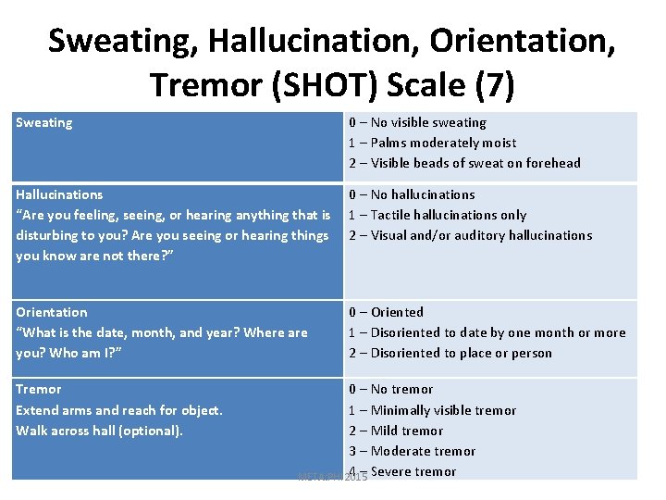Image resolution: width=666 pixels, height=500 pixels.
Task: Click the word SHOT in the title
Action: click(320, 85)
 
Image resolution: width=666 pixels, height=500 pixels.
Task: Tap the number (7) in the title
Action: click(493, 85)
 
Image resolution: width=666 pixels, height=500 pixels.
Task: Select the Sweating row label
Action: click(44, 122)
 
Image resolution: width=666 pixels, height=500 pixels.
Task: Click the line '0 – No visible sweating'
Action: click(417, 122)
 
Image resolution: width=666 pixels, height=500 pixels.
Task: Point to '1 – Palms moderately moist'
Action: click(432, 143)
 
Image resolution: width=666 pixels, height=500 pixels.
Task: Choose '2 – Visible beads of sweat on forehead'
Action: click(464, 163)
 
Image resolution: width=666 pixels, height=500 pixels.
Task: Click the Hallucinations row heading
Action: click(59, 194)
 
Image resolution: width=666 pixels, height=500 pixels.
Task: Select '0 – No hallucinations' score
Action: click(412, 194)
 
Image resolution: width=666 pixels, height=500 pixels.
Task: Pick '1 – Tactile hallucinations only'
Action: click(438, 215)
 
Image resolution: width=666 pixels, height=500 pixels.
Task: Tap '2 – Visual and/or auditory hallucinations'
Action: click(470, 235)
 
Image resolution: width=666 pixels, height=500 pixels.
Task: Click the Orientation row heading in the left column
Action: click(52, 312)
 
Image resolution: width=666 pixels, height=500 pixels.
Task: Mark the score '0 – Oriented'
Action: click(386, 312)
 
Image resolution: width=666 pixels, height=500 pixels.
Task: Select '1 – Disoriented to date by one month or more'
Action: click(487, 332)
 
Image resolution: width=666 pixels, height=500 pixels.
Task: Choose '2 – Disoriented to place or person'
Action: click(450, 353)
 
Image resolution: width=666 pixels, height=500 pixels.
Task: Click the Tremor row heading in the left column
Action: click(39, 389)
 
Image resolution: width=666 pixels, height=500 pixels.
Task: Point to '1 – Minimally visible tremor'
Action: click(432, 410)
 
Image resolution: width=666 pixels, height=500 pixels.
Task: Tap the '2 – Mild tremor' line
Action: click(396, 431)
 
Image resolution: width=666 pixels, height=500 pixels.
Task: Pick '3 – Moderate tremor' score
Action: click(412, 451)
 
